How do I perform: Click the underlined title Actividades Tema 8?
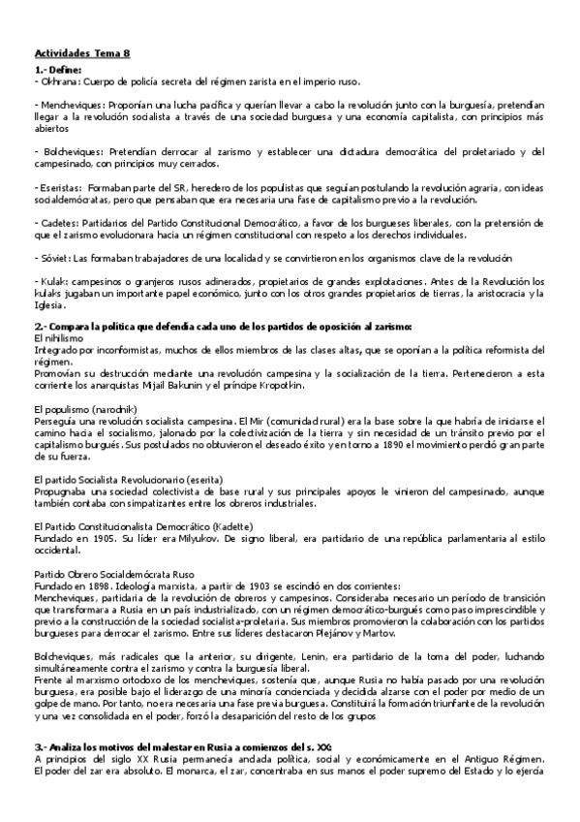click(x=83, y=55)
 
